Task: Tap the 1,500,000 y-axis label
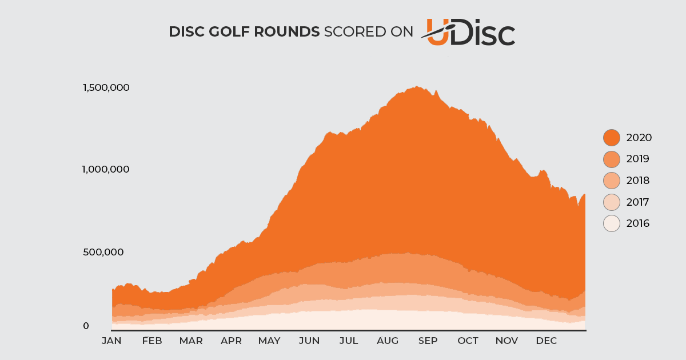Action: (106, 87)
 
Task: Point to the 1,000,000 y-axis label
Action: (106, 169)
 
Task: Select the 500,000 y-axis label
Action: (103, 252)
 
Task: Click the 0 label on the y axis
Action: (86, 326)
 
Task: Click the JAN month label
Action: (111, 341)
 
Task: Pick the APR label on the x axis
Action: (231, 341)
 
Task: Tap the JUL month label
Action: (349, 341)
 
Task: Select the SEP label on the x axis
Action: (428, 341)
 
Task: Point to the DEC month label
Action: (547, 341)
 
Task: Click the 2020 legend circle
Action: (612, 138)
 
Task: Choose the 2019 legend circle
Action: (612, 159)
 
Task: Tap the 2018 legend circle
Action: (612, 181)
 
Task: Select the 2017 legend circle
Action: (612, 202)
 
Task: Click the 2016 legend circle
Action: (612, 223)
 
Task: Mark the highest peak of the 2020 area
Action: (417, 87)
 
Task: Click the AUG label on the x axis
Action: (388, 341)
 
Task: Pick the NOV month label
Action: (506, 341)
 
